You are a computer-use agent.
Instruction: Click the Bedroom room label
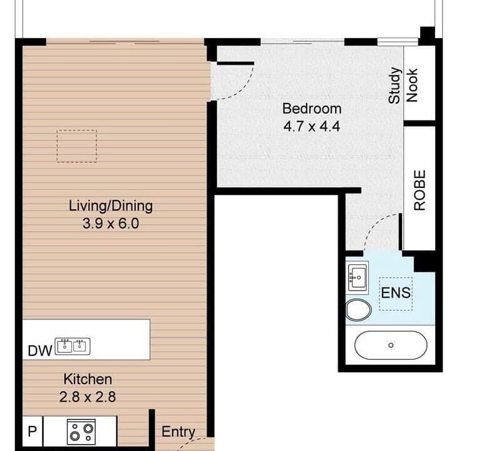pyautogui.click(x=312, y=109)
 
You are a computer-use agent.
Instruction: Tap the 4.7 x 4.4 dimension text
pyautogui.click(x=312, y=127)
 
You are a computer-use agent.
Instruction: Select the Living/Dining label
pyautogui.click(x=111, y=206)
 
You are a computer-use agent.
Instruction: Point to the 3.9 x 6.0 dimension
pyautogui.click(x=111, y=224)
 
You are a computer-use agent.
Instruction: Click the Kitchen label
pyautogui.click(x=88, y=379)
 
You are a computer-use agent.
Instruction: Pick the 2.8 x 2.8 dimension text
pyautogui.click(x=88, y=397)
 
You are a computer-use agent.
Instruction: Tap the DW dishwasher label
pyautogui.click(x=39, y=351)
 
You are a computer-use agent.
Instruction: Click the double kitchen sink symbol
pyautogui.click(x=73, y=346)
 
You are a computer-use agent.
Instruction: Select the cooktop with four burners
pyautogui.click(x=81, y=432)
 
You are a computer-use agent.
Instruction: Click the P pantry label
pyautogui.click(x=33, y=431)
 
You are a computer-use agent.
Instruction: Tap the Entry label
pyautogui.click(x=178, y=432)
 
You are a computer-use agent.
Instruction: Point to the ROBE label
pyautogui.click(x=419, y=190)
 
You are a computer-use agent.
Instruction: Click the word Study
pyautogui.click(x=394, y=85)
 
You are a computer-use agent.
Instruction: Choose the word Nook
pyautogui.click(x=412, y=85)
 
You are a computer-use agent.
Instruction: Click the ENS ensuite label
pyautogui.click(x=396, y=293)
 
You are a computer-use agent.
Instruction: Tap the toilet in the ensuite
pyautogui.click(x=359, y=310)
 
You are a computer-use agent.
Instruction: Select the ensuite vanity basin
pyautogui.click(x=358, y=277)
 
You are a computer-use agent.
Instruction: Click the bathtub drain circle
pyautogui.click(x=391, y=345)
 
